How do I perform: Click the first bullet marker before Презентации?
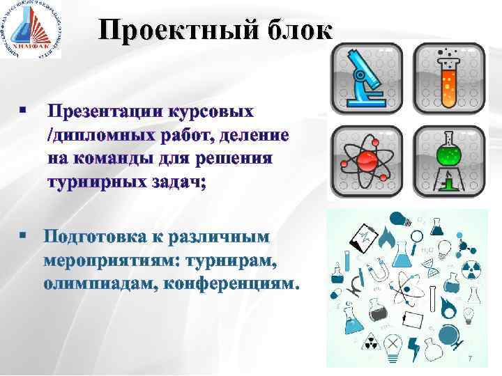(23, 111)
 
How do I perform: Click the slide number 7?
(470, 358)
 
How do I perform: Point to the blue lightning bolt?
(413, 345)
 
